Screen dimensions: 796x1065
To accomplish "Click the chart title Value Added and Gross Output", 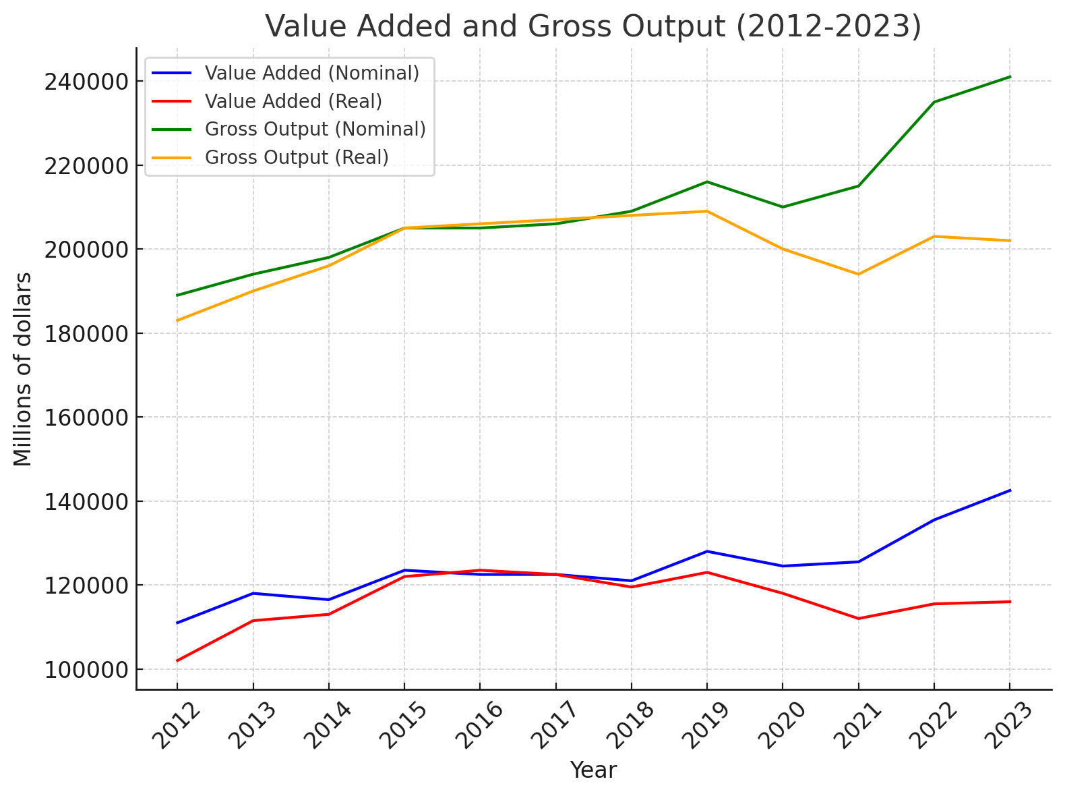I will point(593,27).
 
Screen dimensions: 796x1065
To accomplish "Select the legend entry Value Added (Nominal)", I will point(311,73).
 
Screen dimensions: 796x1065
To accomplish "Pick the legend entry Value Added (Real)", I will point(293,101).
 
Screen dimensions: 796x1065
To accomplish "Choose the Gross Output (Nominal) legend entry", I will point(315,129).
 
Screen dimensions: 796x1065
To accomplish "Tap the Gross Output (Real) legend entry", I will point(297,157).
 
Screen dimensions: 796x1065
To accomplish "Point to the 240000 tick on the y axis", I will point(86,82).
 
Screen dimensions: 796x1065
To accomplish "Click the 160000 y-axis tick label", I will point(86,418).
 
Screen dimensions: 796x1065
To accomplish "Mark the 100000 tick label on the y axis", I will point(86,670).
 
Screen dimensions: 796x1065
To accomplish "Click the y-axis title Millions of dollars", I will point(23,369).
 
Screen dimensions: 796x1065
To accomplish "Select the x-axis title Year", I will point(593,770).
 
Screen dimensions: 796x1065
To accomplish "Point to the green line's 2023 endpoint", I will point(1010,77).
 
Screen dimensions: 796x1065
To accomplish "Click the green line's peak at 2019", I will point(707,181).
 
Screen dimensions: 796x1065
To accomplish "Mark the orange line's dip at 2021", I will point(858,274).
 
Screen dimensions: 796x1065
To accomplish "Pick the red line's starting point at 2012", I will point(177,660).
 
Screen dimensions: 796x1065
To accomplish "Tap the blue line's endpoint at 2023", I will point(1010,490).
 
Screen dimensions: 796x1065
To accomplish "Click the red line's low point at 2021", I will point(858,619).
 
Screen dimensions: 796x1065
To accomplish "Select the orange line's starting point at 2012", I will point(177,320).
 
